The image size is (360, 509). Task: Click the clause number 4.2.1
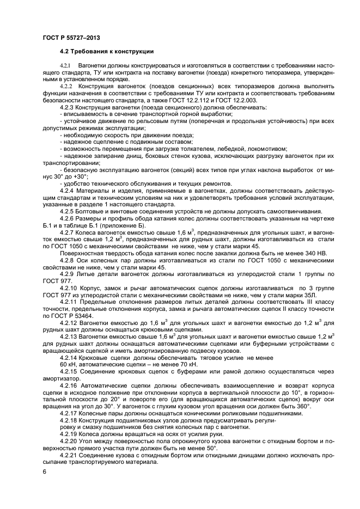66,65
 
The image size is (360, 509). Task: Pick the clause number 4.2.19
69,434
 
